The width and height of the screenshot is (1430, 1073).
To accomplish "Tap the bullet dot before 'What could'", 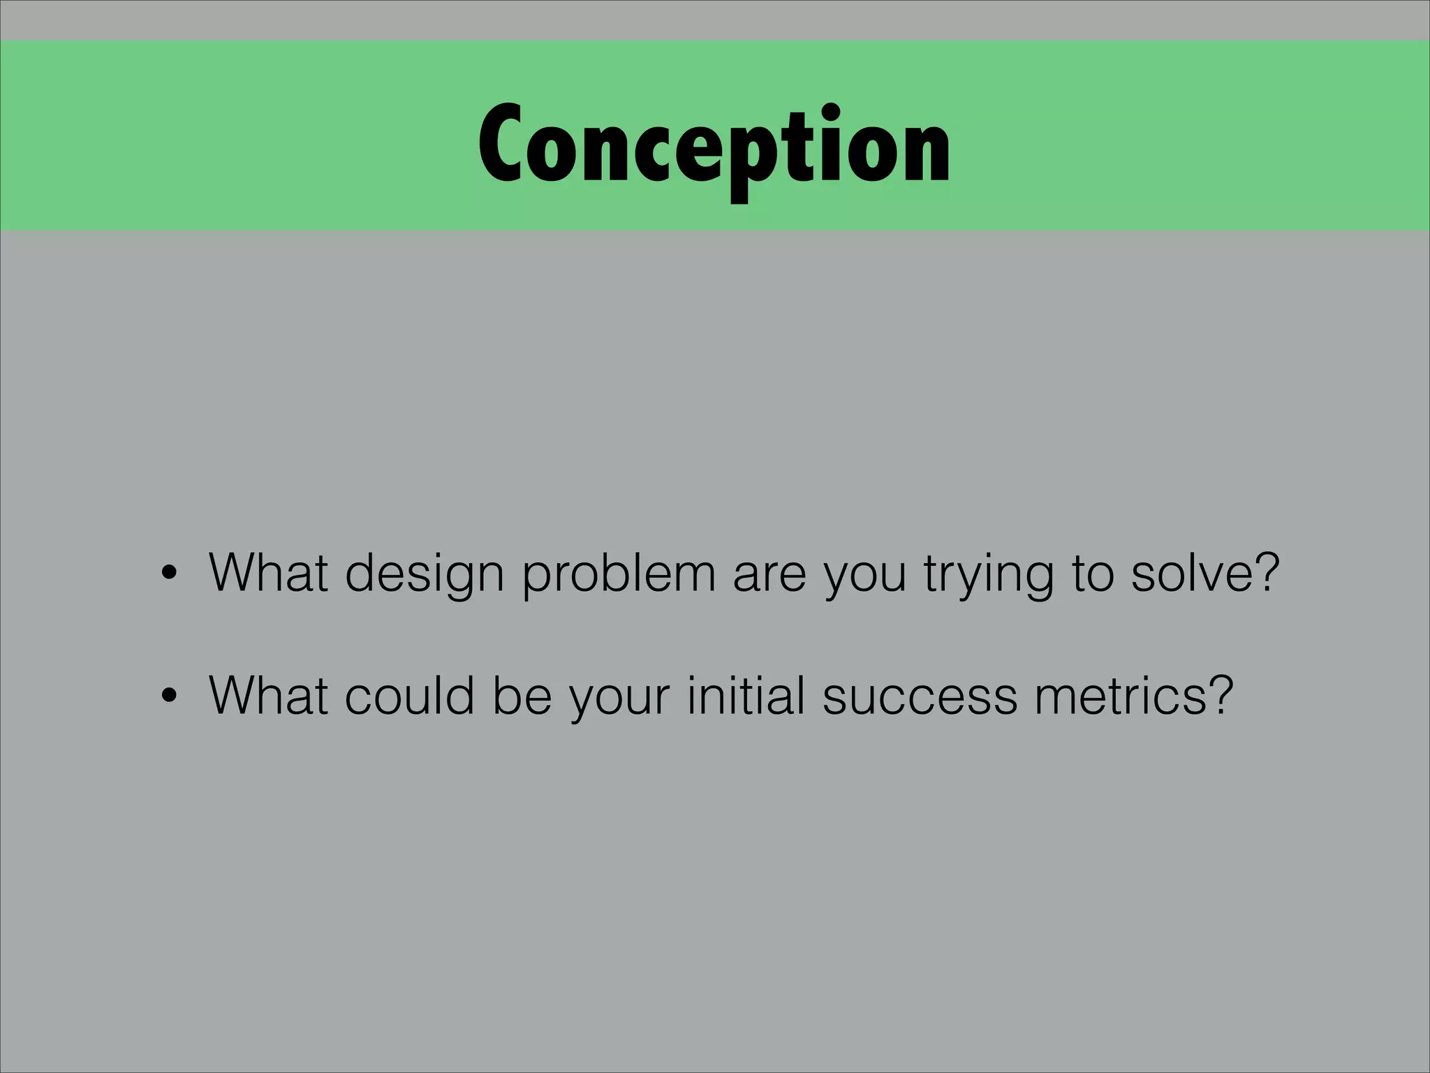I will tap(168, 698).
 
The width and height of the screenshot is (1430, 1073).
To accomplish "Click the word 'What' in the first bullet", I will tap(268, 573).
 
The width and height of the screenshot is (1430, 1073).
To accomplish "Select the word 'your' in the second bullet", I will tap(619, 698).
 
